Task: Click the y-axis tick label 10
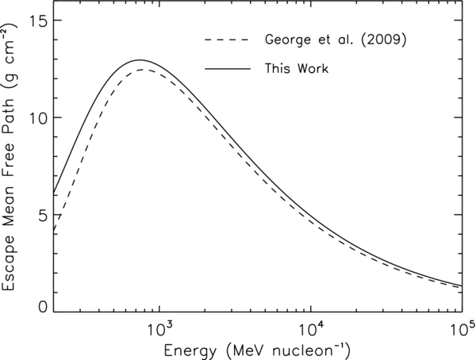coord(36,117)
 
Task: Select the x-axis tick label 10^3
coord(159,327)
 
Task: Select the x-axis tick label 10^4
coord(310,327)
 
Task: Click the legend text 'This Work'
coord(295,69)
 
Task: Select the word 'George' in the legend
coord(288,40)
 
